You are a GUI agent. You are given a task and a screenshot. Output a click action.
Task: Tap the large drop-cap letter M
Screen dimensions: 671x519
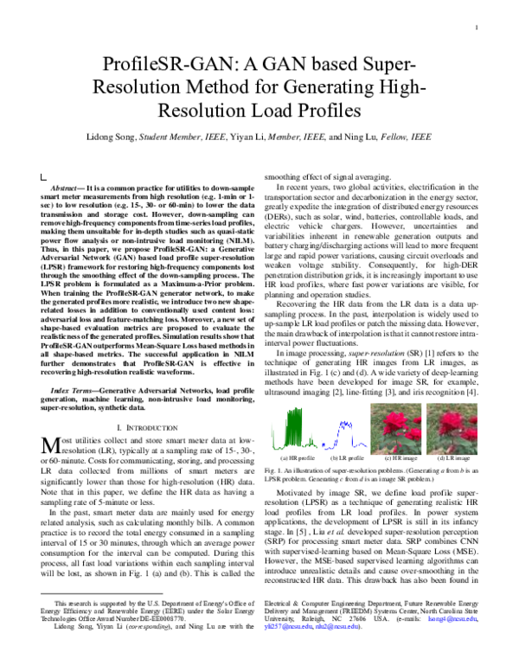pos(50,447)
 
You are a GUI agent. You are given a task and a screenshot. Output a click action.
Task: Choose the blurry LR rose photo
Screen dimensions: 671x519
pos(451,428)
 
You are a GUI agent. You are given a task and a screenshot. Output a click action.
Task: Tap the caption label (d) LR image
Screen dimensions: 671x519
pos(451,457)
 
